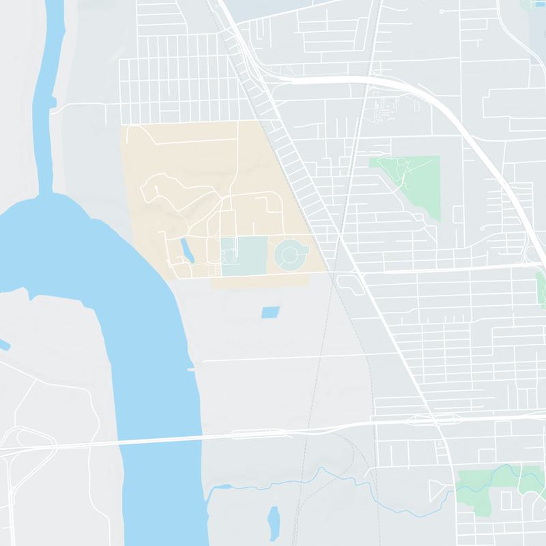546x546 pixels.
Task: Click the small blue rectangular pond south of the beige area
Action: coord(270,313)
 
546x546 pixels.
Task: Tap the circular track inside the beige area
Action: coord(290,255)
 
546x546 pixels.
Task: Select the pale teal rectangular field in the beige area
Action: coord(244,256)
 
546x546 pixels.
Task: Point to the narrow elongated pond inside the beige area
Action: coord(186,250)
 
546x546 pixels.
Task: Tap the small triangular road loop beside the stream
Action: coord(435,489)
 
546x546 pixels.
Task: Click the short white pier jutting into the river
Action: coord(192,369)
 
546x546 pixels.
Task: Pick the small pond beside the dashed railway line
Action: coord(274,520)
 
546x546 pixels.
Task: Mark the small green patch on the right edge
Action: coord(541,287)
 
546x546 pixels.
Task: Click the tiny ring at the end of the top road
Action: coord(442,12)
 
